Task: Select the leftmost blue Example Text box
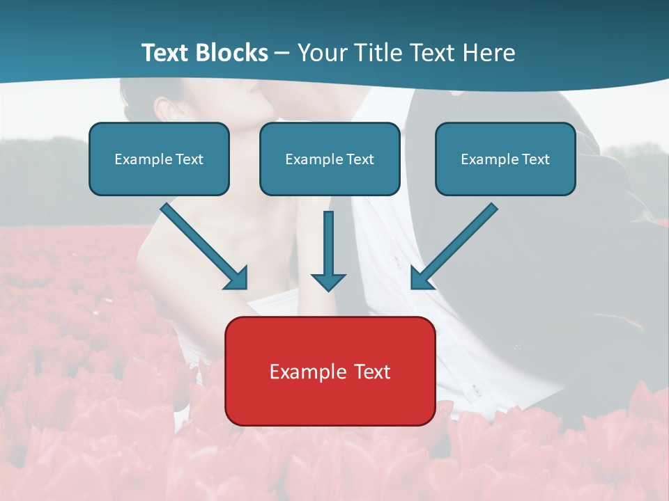[159, 159]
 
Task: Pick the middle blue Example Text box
[330, 159]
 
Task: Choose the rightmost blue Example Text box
[505, 159]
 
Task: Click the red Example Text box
[330, 371]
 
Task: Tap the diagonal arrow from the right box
[456, 244]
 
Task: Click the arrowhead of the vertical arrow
[328, 281]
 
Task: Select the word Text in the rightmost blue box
[535, 159]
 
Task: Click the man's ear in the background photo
[164, 109]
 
